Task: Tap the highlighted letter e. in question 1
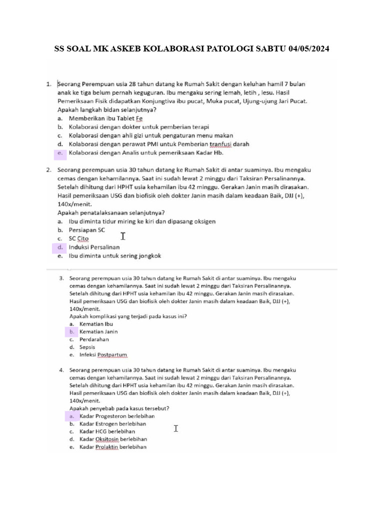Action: click(x=59, y=152)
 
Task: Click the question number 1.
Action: click(x=49, y=84)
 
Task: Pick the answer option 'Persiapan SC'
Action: click(x=87, y=230)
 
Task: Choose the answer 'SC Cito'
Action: click(x=78, y=238)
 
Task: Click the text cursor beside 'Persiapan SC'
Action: click(x=122, y=235)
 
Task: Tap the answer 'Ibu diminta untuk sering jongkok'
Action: click(x=114, y=255)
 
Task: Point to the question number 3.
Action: click(x=61, y=277)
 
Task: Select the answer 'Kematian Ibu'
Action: click(x=96, y=323)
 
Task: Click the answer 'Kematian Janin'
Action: click(x=98, y=331)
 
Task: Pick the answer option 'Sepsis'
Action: click(x=87, y=347)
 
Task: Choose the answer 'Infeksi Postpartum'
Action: click(x=103, y=355)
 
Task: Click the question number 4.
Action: click(x=61, y=370)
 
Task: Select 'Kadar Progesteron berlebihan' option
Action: click(x=117, y=416)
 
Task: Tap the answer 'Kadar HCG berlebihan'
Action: click(x=107, y=431)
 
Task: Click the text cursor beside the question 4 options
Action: click(x=176, y=428)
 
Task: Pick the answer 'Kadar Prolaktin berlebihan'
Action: click(x=113, y=447)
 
